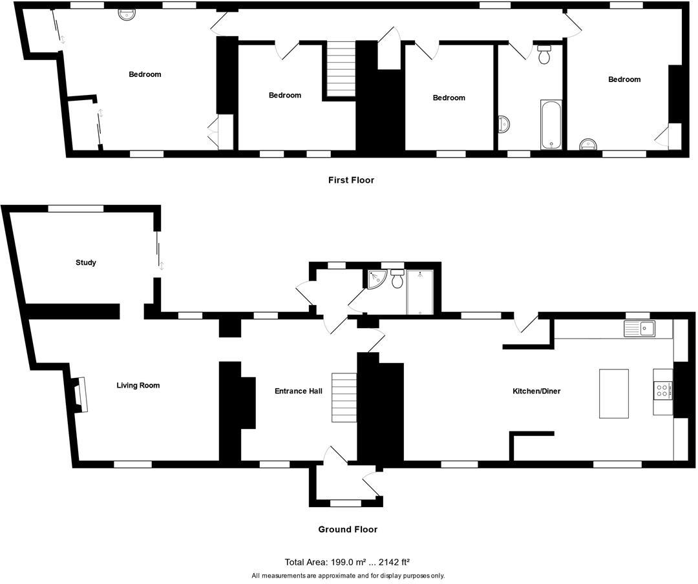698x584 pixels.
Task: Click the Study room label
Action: coord(86,262)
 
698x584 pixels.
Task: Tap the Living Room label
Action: coord(138,386)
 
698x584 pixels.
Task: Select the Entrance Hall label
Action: coord(298,391)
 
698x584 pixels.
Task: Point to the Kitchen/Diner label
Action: coord(536,391)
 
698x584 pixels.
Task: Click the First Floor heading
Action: coord(351,180)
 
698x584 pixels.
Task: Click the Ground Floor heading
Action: coord(348,529)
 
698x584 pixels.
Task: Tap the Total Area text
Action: coord(348,562)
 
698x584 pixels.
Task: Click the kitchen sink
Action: coord(639,329)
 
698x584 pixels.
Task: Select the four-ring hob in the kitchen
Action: coord(663,391)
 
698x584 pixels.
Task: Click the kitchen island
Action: coord(614,393)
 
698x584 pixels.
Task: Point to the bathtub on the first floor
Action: coord(551,125)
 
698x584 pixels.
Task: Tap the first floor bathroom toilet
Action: coord(544,56)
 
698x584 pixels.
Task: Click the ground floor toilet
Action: coord(397,280)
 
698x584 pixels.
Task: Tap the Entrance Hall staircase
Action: coord(344,397)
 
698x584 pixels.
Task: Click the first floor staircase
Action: coord(340,69)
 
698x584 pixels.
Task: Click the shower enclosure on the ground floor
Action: coord(421,292)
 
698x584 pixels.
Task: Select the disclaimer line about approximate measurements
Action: coord(348,576)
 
